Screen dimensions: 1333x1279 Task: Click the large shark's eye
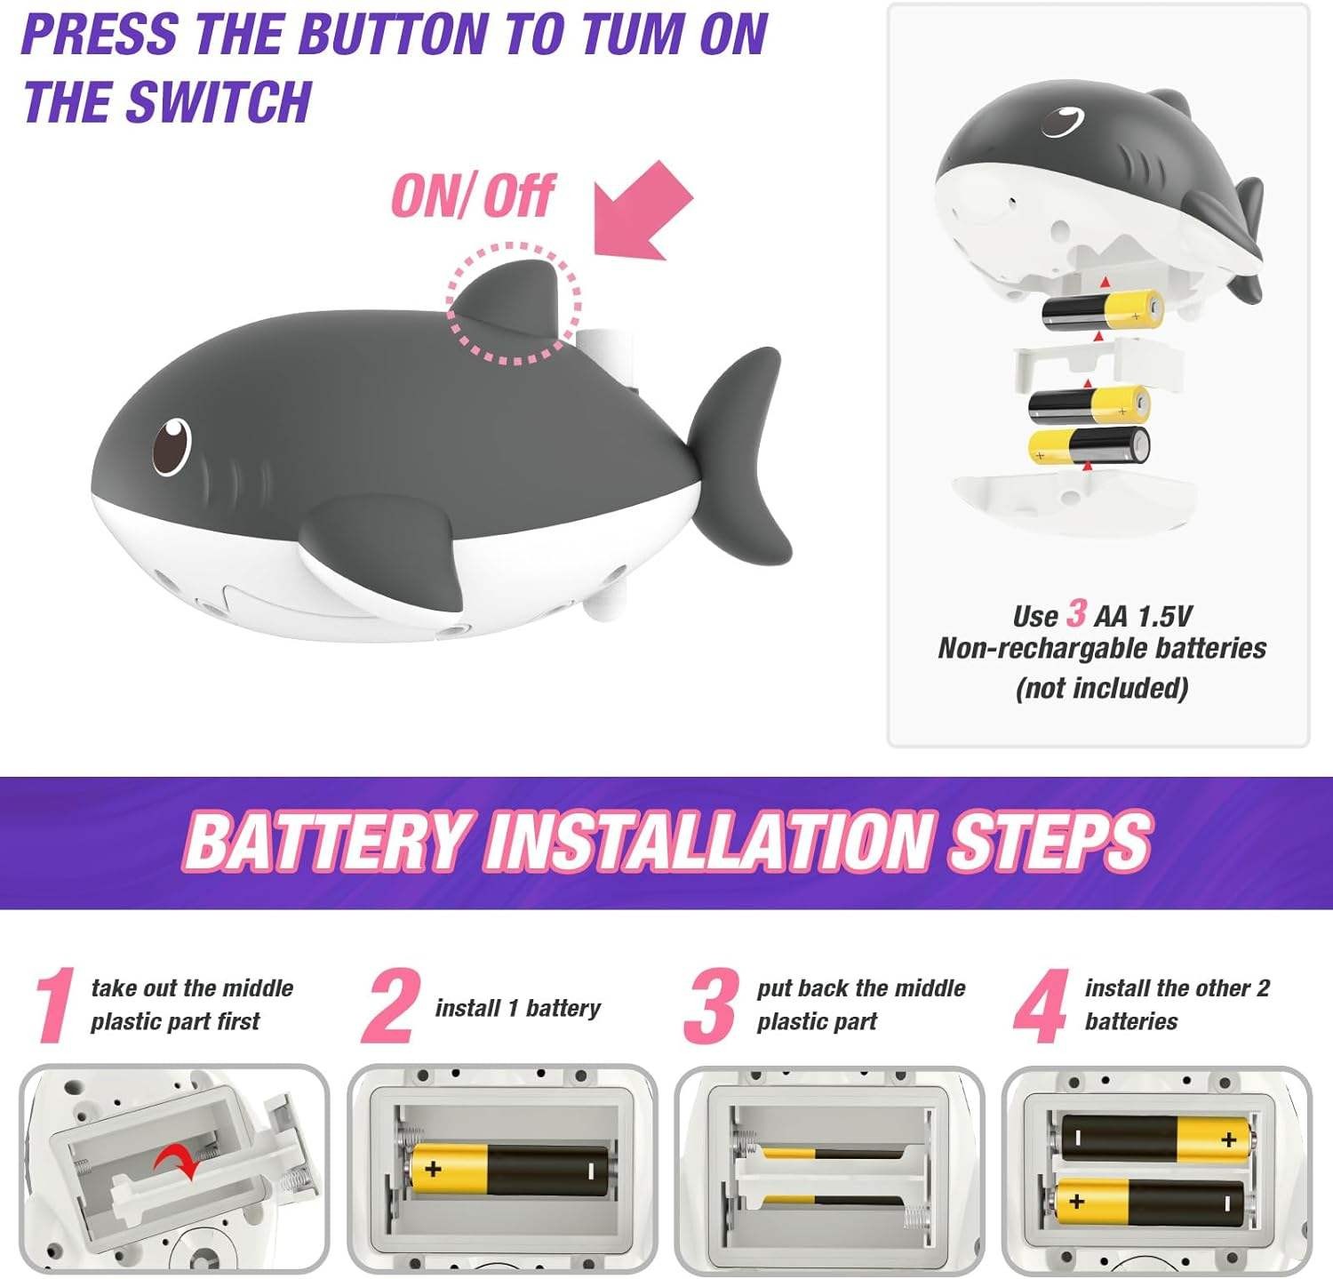pyautogui.click(x=171, y=445)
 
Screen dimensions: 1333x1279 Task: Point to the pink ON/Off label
pyautogui.click(x=474, y=196)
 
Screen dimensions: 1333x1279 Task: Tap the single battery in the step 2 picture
pyautogui.click(x=509, y=1169)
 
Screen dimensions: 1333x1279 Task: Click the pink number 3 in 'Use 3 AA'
pyautogui.click(x=1076, y=613)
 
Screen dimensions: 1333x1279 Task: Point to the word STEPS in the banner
pyautogui.click(x=1050, y=840)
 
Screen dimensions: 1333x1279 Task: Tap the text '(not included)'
pyautogui.click(x=1102, y=688)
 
